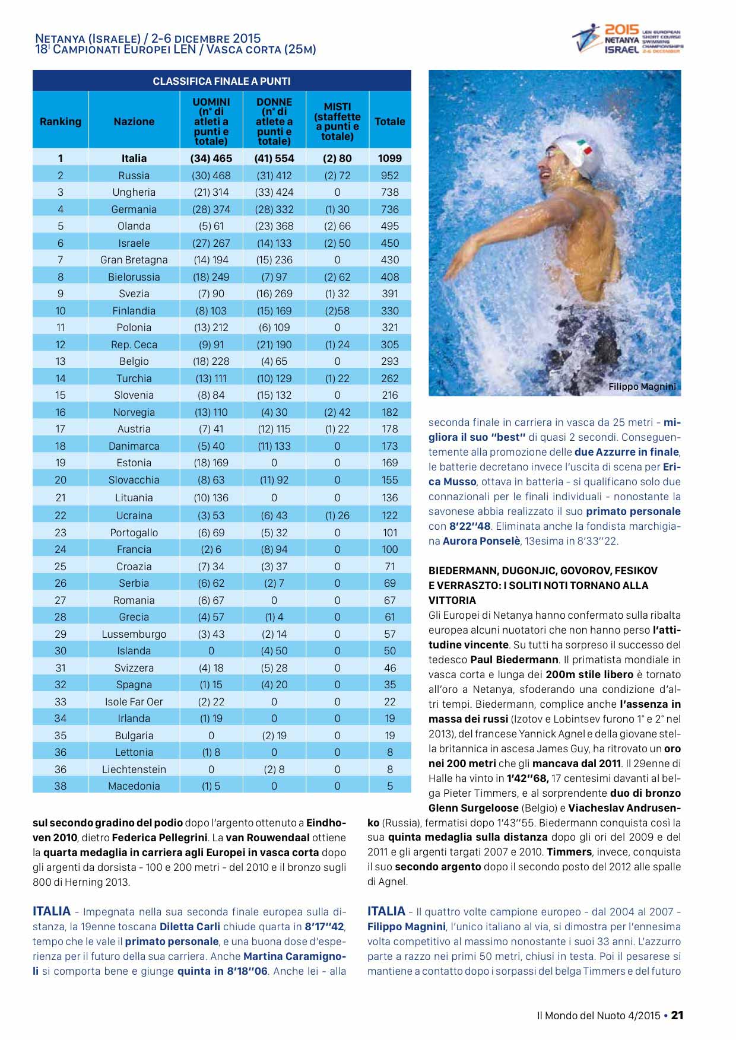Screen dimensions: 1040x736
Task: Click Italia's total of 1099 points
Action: coord(389,158)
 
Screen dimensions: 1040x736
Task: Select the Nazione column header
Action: coord(134,122)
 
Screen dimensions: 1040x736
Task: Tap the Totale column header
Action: coord(389,122)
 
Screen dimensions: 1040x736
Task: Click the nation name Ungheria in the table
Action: coord(134,192)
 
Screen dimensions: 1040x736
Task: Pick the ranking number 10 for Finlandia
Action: coord(61,311)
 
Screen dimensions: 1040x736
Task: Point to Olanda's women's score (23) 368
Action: coord(274,226)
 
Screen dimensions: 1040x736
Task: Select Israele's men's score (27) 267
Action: coord(211,243)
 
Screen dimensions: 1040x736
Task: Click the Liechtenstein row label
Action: coord(134,769)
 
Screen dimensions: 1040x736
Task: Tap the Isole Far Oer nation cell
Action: coord(134,702)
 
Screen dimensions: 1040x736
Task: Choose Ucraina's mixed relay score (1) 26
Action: coord(337,516)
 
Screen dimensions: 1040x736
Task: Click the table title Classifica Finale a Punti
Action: coord(221,81)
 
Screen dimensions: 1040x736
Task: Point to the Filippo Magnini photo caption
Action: coord(642,387)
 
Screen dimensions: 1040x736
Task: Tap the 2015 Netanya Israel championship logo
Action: coord(627,39)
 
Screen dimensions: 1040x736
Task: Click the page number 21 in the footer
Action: coord(677,1015)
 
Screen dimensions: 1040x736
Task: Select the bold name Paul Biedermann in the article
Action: coord(514,660)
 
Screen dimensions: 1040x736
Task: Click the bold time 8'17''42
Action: coord(325,927)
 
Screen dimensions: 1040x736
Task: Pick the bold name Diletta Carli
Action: coord(190,927)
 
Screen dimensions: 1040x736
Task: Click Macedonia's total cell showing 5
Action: coord(389,786)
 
